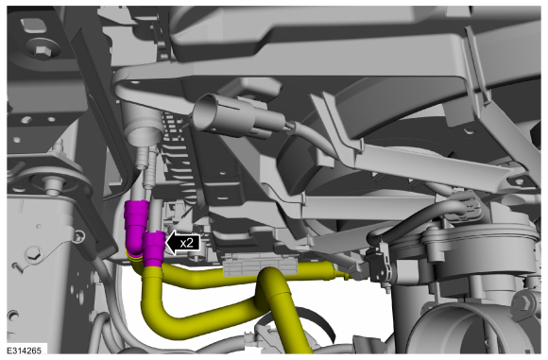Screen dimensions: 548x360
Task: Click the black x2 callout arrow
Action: tap(182, 243)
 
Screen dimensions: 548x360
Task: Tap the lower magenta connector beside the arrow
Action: tap(154, 249)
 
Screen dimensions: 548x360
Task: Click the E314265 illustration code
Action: tap(24, 351)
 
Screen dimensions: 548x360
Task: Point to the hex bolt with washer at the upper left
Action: tap(42, 50)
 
